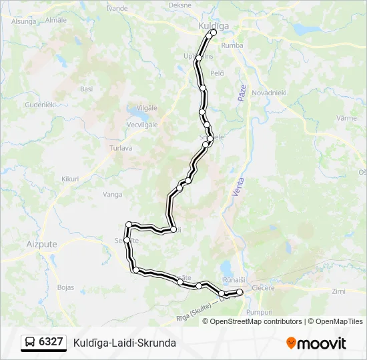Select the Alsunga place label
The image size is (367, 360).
pos(23,21)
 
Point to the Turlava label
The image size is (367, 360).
pos(121,148)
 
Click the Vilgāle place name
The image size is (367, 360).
pos(146,107)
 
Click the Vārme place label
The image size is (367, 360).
pos(346,118)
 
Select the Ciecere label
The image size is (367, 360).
pos(263,289)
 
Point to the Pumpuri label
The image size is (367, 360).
pos(260,311)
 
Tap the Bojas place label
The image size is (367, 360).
pos(65,287)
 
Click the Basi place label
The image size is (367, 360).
pos(86,89)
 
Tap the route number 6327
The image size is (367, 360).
pos(51,342)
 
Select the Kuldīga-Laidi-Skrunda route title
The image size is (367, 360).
pos(125,343)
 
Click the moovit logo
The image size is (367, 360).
pos(316,343)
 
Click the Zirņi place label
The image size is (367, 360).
pos(339,291)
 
